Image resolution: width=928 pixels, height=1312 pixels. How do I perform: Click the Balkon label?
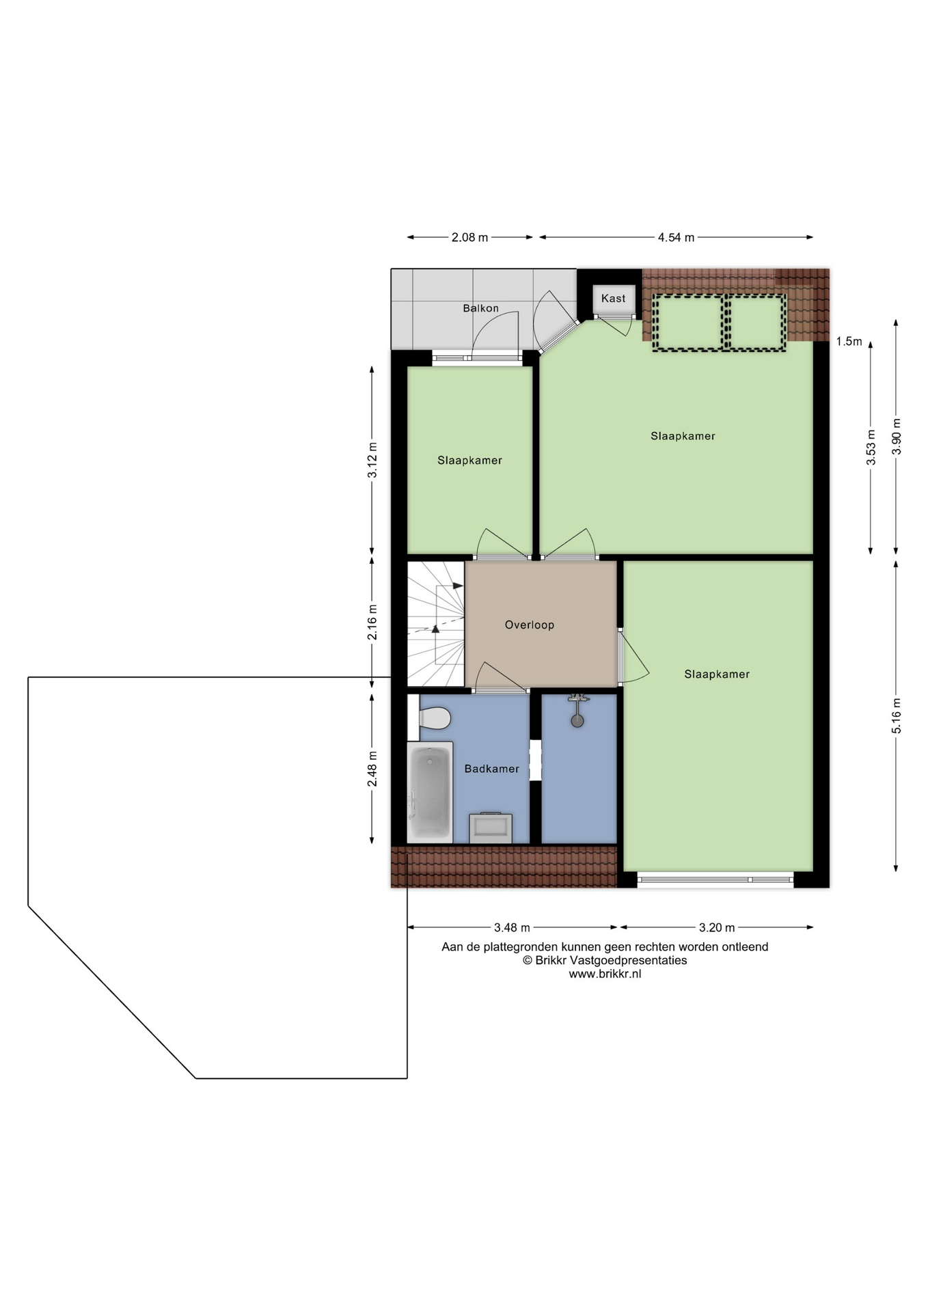480,308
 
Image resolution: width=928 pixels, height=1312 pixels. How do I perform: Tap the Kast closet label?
613,299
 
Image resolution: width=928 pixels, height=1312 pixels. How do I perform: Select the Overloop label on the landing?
530,625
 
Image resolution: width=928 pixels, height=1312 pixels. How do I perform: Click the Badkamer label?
491,769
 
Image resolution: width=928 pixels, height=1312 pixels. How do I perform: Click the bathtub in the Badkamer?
430,793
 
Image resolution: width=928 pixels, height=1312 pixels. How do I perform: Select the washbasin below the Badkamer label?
491,828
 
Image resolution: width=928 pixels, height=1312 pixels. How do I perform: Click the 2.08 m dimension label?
469,238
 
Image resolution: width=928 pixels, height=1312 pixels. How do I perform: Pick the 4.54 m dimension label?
676,238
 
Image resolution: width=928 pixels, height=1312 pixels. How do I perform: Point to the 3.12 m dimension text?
372,461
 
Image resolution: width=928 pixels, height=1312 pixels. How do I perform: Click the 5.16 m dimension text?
897,716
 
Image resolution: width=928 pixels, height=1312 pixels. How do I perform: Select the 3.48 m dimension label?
512,928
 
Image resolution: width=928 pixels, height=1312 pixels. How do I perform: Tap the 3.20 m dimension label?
717,928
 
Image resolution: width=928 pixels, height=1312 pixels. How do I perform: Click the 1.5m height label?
849,342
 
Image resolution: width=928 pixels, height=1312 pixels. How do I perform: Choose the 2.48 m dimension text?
372,769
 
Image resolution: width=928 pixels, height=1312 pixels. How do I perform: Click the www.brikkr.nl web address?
605,974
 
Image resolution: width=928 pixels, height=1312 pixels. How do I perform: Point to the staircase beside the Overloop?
436,624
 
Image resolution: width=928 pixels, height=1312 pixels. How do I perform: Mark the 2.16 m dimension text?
372,623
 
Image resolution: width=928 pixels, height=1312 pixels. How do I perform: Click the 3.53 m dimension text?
871,448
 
